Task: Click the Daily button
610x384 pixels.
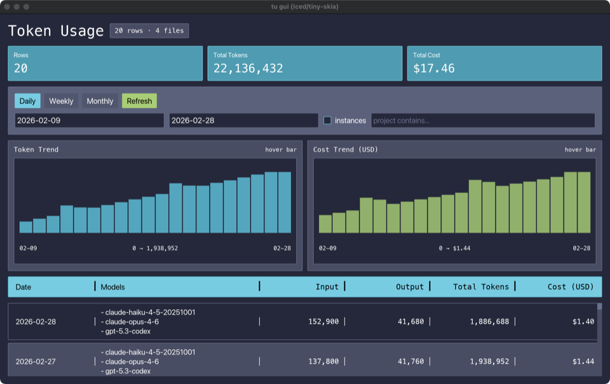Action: tap(27, 101)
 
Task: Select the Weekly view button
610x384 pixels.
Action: tap(61, 101)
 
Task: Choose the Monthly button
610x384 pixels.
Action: tap(100, 101)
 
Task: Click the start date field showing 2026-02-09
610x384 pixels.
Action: tap(89, 121)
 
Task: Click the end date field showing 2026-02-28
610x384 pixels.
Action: tap(243, 121)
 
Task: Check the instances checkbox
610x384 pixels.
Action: tap(328, 121)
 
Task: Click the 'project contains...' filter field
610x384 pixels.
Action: tap(483, 121)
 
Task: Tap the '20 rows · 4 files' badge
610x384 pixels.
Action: tap(149, 30)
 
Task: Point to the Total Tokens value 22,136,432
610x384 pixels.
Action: tap(248, 69)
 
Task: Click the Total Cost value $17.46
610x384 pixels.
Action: tap(434, 69)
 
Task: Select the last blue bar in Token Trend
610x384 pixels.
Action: tap(285, 202)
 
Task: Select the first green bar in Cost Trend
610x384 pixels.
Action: tap(325, 223)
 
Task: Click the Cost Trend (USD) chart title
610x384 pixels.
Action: tap(345, 150)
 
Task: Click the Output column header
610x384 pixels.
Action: tap(409, 287)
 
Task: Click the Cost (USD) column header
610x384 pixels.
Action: tap(570, 287)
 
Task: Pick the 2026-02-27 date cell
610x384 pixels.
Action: tap(36, 361)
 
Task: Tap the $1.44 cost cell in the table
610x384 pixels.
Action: tap(583, 361)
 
